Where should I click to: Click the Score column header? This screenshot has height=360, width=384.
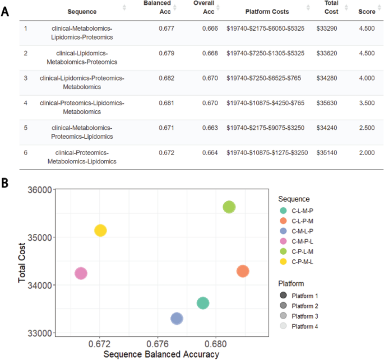tap(367, 11)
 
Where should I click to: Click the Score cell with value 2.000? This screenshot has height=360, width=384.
tap(367, 153)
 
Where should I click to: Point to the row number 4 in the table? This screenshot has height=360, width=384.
tap(26, 103)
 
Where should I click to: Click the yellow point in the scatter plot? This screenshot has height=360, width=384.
tap(100, 230)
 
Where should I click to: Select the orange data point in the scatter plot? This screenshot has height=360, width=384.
tap(243, 271)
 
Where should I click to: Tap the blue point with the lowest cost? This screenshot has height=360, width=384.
tap(177, 319)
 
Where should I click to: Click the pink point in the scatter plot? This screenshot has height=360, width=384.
tap(81, 273)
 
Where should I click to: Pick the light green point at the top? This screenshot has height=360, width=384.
tap(229, 207)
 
